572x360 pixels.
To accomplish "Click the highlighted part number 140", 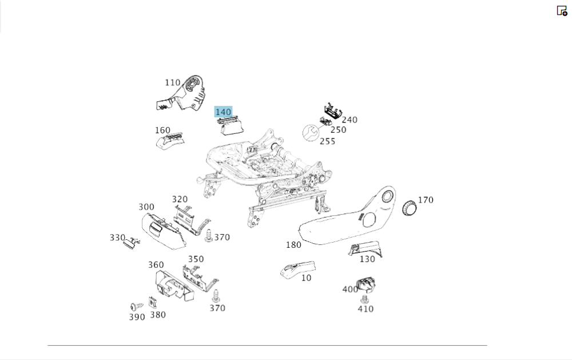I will coord(223,112).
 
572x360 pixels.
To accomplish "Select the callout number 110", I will coord(172,83).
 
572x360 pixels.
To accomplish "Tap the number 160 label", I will coord(162,130).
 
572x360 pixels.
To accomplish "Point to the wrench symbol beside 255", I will coord(311,133).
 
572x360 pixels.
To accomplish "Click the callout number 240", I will coord(349,120).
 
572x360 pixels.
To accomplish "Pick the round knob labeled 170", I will coord(410,208).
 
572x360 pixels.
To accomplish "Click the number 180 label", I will coord(293,245).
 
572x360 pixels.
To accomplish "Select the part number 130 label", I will coord(367,259).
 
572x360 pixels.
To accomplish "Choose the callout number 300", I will coord(146,207).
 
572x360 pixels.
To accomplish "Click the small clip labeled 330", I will coord(132,242).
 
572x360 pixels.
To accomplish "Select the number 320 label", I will coord(180,199).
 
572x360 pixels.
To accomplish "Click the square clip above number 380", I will coord(153,302).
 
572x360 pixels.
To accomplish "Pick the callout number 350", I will coord(196,259).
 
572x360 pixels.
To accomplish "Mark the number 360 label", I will coord(156,265).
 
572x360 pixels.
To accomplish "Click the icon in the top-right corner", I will coord(562,10).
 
